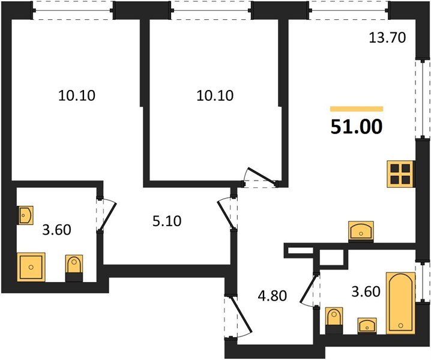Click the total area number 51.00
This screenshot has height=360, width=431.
356,127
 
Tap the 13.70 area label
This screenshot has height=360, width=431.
387,39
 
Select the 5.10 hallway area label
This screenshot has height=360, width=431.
166,221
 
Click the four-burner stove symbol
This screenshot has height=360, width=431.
399,174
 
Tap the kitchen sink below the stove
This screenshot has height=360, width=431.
361,230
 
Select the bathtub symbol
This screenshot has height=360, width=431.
400,304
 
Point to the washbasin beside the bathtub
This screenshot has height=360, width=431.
366,325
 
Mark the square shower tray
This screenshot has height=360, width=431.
31,266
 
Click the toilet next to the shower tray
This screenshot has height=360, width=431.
74,268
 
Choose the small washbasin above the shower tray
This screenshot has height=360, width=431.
26,215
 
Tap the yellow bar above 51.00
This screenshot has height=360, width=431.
357,109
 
